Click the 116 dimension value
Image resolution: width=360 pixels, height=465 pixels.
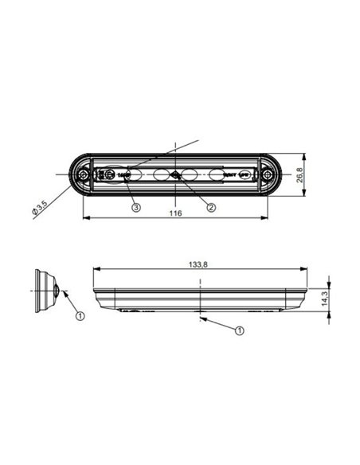pos(177,213)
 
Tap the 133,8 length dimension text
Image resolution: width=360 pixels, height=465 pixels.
pos(198,264)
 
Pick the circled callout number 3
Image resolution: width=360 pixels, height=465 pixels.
pos(137,207)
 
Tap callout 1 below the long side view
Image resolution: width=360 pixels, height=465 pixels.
pos(240,328)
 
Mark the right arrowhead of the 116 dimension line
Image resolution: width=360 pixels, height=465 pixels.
pos(266,219)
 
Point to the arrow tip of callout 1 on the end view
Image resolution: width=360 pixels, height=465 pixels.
pos(61,292)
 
